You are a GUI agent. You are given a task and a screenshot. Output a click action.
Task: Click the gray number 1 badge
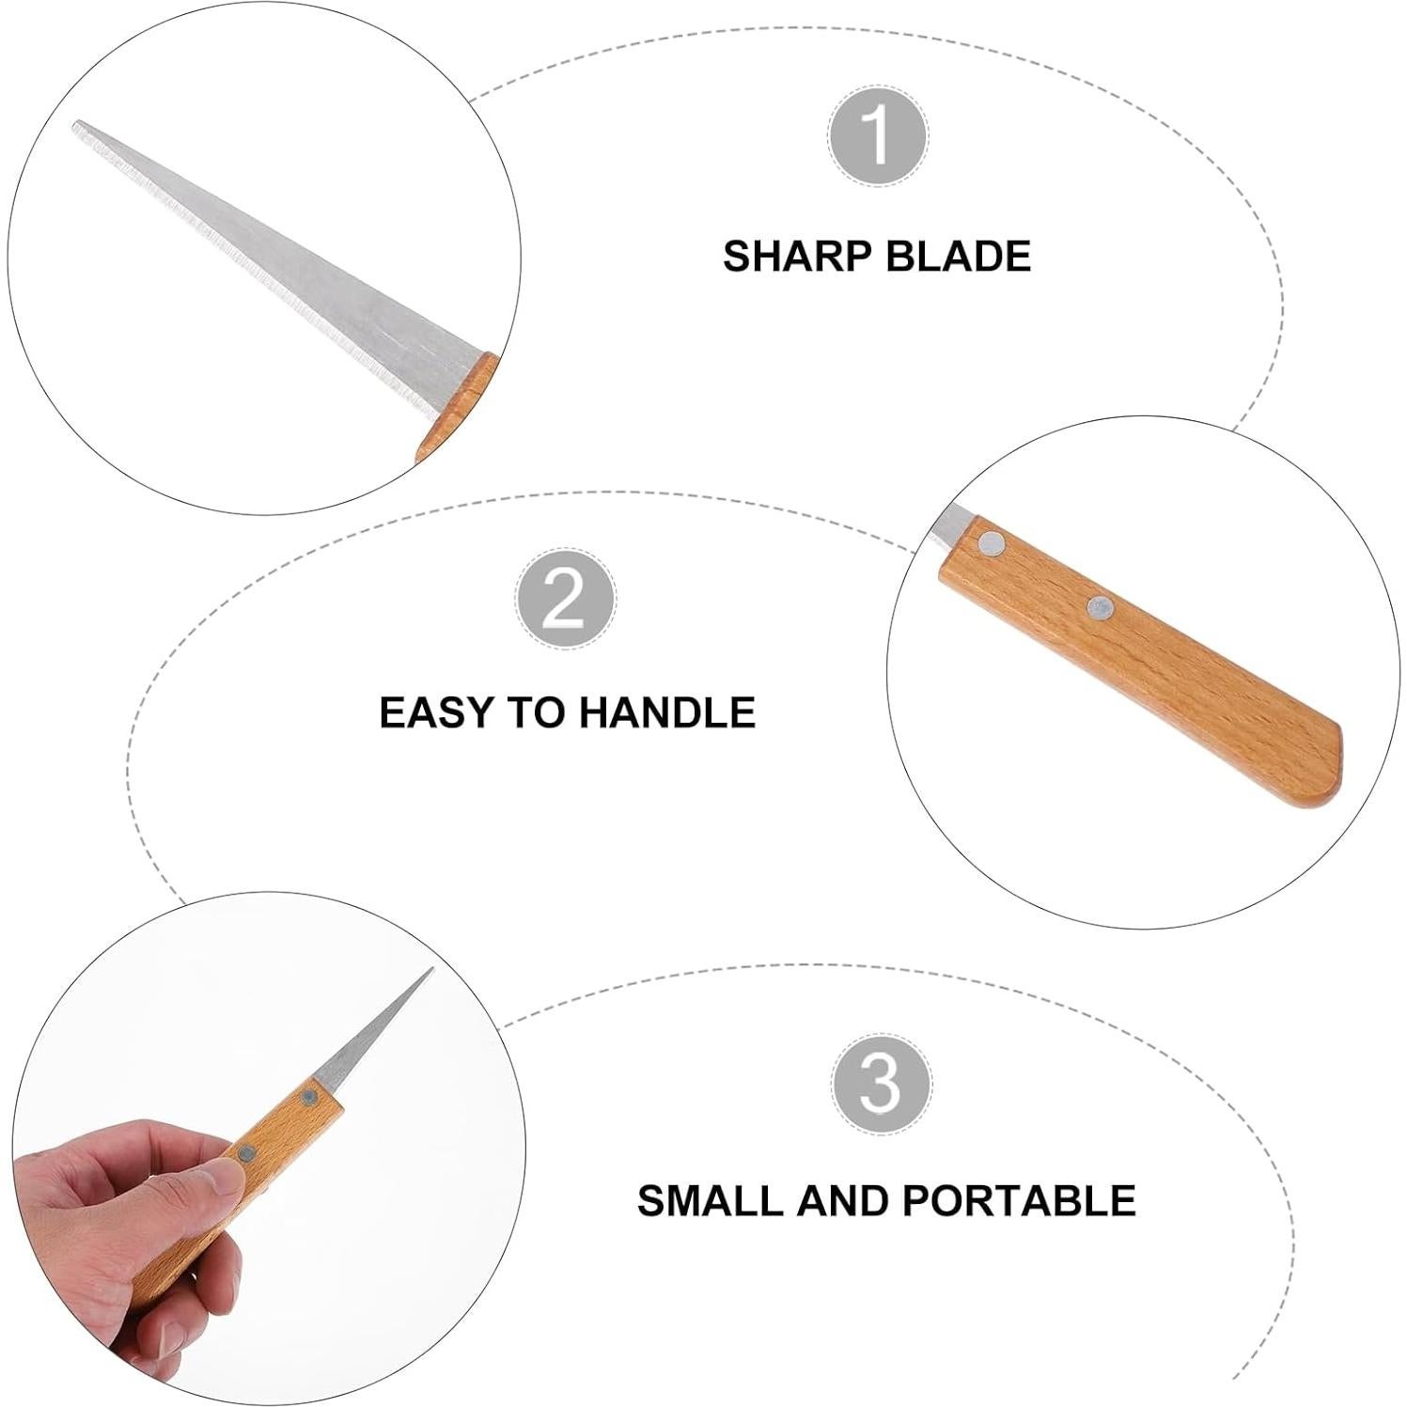coord(877,135)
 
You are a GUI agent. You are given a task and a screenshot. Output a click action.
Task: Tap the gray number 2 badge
coord(565,599)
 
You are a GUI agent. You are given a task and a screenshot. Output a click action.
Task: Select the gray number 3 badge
coord(881,1085)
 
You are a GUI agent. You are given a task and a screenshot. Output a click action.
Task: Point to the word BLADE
coord(958,257)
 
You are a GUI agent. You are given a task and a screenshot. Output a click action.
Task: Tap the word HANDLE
coord(666,712)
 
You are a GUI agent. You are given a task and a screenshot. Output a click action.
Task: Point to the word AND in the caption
coord(849,1200)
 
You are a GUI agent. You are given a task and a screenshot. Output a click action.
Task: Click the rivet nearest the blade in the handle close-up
coord(991,541)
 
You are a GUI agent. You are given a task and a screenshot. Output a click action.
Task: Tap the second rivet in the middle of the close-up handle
coord(1099,607)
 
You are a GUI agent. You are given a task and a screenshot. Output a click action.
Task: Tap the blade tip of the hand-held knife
coord(430,971)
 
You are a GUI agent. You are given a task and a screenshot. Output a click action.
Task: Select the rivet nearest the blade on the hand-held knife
coord(309,1097)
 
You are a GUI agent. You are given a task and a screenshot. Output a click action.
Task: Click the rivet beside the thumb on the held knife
coord(246,1154)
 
